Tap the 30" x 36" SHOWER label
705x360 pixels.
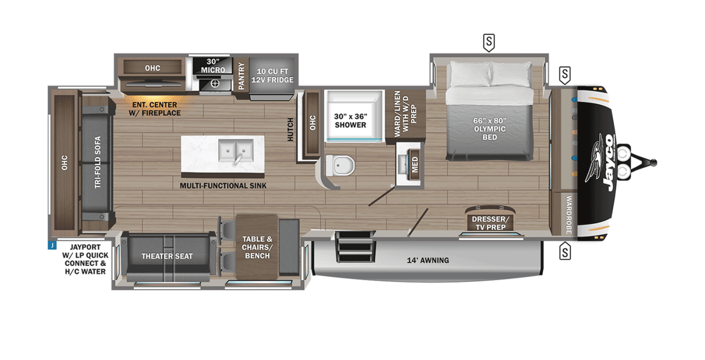[x=350, y=121]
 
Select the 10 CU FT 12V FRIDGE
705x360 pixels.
[x=272, y=75]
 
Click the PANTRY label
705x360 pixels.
[x=241, y=76]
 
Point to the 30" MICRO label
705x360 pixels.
[x=213, y=66]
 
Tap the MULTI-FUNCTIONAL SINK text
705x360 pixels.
[x=223, y=186]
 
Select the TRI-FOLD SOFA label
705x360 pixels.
[x=98, y=162]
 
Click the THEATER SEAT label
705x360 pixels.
[x=167, y=256]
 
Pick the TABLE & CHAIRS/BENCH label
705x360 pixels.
[x=257, y=247]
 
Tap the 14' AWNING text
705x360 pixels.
[x=428, y=260]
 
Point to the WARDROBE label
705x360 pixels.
[x=568, y=215]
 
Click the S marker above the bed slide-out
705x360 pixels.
[x=489, y=42]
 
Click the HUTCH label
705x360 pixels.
[x=290, y=130]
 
